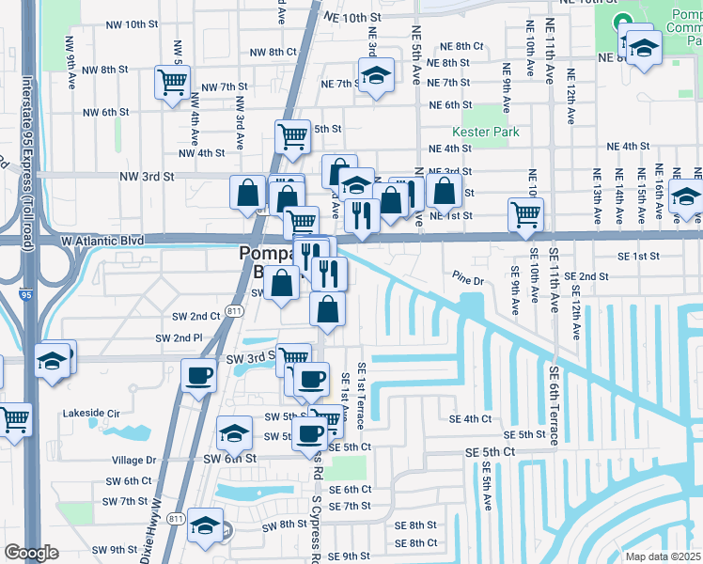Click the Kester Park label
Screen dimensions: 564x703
click(485, 133)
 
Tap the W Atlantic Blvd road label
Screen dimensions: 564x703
click(102, 241)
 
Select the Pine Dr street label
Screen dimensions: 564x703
click(466, 279)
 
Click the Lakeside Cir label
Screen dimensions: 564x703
click(92, 413)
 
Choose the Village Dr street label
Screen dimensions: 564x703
click(133, 461)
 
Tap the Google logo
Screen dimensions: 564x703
click(31, 553)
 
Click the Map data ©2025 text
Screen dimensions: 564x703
click(662, 556)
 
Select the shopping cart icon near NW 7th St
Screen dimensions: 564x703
click(173, 83)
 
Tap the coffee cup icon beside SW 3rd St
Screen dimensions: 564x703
click(197, 376)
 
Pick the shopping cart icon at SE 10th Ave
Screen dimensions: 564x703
click(525, 213)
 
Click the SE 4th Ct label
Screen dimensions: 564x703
click(471, 419)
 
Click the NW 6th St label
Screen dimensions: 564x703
click(105, 112)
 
